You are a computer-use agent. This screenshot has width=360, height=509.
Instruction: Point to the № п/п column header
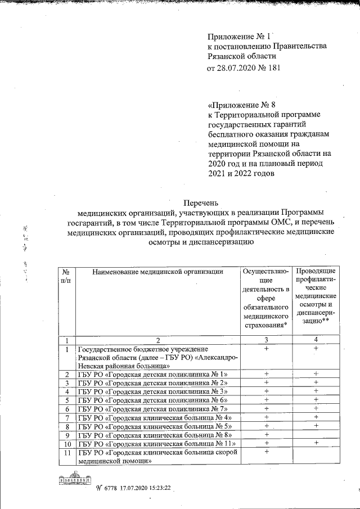[x=66, y=276]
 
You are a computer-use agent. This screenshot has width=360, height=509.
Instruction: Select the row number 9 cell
[x=67, y=435]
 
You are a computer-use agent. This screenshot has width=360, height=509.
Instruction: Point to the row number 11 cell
[x=67, y=452]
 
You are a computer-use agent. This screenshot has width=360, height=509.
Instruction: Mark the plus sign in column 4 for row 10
[x=317, y=443]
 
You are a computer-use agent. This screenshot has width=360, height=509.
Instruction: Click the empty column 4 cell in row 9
[x=317, y=435]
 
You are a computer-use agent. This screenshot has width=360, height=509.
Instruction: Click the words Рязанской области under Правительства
[x=241, y=56]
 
